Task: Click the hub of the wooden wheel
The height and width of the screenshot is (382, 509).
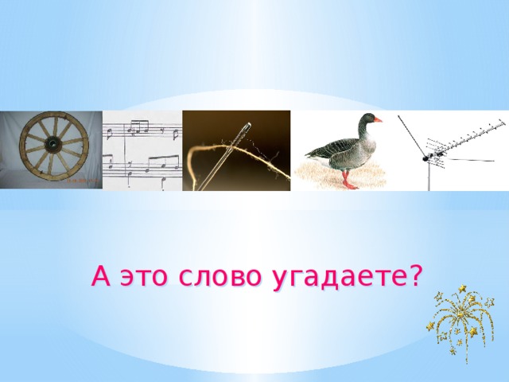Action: click(x=52, y=145)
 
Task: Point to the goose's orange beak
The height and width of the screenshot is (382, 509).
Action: click(x=378, y=120)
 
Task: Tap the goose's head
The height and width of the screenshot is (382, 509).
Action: click(x=367, y=119)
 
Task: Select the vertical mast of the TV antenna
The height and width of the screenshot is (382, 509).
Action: click(x=429, y=175)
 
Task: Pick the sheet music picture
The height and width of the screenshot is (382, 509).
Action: click(x=142, y=151)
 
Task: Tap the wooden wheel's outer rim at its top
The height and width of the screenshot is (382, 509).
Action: click(x=52, y=115)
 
